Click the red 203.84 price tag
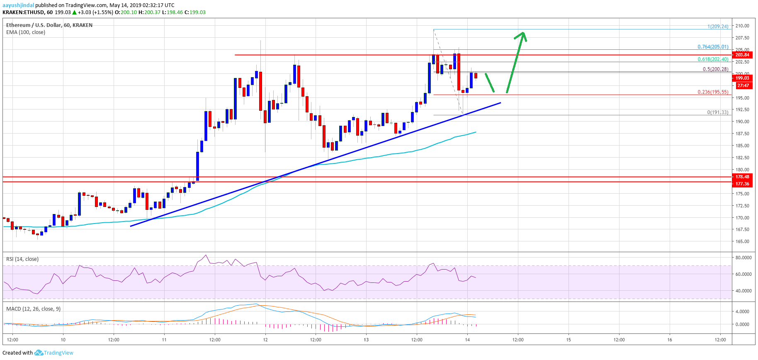coord(742,55)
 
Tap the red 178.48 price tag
coord(742,177)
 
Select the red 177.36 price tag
coord(742,183)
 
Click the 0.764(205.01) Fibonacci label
coord(712,47)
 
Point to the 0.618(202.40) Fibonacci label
coord(712,59)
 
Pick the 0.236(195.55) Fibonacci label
coord(712,92)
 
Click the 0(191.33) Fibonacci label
coord(717,112)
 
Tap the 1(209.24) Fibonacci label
coord(717,27)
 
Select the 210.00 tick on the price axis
coord(742,26)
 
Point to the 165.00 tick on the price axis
coord(742,241)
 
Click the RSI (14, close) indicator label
coord(22,259)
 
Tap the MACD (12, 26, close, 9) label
coord(33,309)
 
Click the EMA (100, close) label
coord(26,32)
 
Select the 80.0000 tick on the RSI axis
coord(743,258)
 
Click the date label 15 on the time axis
coord(568,340)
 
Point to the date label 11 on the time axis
coord(164,340)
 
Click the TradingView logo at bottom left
coord(54,353)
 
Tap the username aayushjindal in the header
coord(18,5)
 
